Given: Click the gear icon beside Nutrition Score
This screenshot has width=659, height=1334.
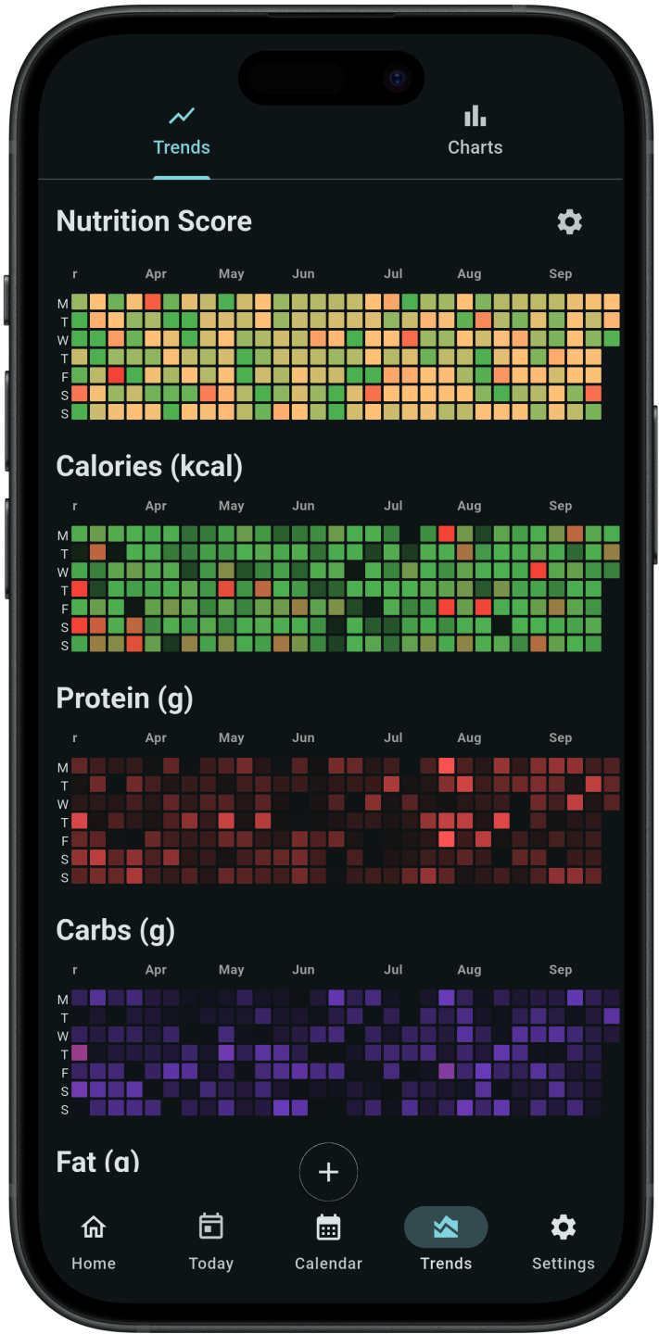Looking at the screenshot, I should click(x=569, y=222).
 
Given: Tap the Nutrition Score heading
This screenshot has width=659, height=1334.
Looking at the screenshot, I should click(x=154, y=221).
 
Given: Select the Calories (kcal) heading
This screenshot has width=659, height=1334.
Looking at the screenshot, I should click(x=149, y=466).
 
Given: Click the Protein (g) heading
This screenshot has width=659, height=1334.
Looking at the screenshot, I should click(x=124, y=698).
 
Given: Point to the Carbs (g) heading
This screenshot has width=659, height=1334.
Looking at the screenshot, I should click(x=115, y=930).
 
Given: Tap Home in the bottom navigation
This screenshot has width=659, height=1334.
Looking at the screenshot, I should click(x=94, y=1241).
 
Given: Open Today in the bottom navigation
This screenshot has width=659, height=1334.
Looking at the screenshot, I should click(x=210, y=1241).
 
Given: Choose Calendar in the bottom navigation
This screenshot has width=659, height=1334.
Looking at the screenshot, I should click(x=328, y=1241).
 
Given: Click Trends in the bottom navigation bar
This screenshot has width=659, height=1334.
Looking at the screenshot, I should click(x=446, y=1241).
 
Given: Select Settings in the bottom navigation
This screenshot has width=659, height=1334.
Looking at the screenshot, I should click(x=563, y=1241).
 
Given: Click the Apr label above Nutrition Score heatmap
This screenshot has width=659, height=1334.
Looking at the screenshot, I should click(x=156, y=274).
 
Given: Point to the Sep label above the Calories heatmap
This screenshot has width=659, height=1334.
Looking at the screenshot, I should click(x=560, y=507).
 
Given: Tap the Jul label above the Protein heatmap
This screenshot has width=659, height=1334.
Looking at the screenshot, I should click(x=393, y=738).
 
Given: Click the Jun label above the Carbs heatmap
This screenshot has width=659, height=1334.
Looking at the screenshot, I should click(x=303, y=970).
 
